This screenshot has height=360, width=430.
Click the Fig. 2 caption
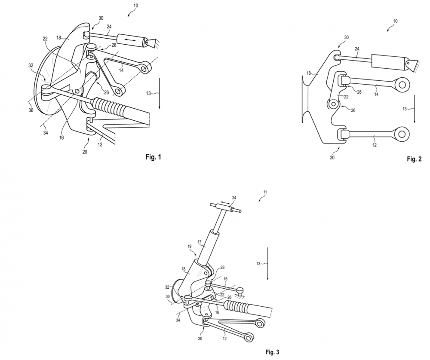pyautogui.click(x=415, y=159)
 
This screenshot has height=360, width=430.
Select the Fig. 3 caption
pyautogui.click(x=273, y=352)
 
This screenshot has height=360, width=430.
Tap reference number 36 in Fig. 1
pyautogui.click(x=31, y=110)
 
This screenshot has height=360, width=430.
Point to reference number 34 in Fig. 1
pyautogui.click(x=46, y=133)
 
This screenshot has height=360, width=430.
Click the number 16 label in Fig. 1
pyautogui.click(x=61, y=138)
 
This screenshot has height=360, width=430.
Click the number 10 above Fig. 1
pyautogui.click(x=135, y=6)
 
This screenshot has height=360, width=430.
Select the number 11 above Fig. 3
pyautogui.click(x=265, y=192)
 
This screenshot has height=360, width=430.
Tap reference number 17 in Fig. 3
pyautogui.click(x=200, y=242)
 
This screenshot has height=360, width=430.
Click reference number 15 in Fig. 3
pyautogui.click(x=225, y=279)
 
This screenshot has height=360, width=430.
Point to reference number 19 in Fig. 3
pyautogui.click(x=190, y=247)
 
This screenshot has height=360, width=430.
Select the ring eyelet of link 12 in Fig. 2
pyautogui.click(x=402, y=134)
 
